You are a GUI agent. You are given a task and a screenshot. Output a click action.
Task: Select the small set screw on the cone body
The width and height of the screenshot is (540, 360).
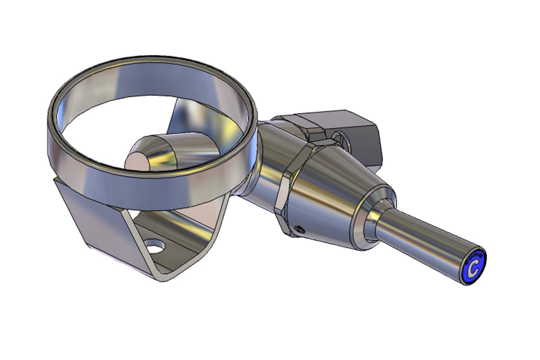point(298,229)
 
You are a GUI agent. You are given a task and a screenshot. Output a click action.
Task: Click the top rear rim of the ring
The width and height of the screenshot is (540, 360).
point(156,61)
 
